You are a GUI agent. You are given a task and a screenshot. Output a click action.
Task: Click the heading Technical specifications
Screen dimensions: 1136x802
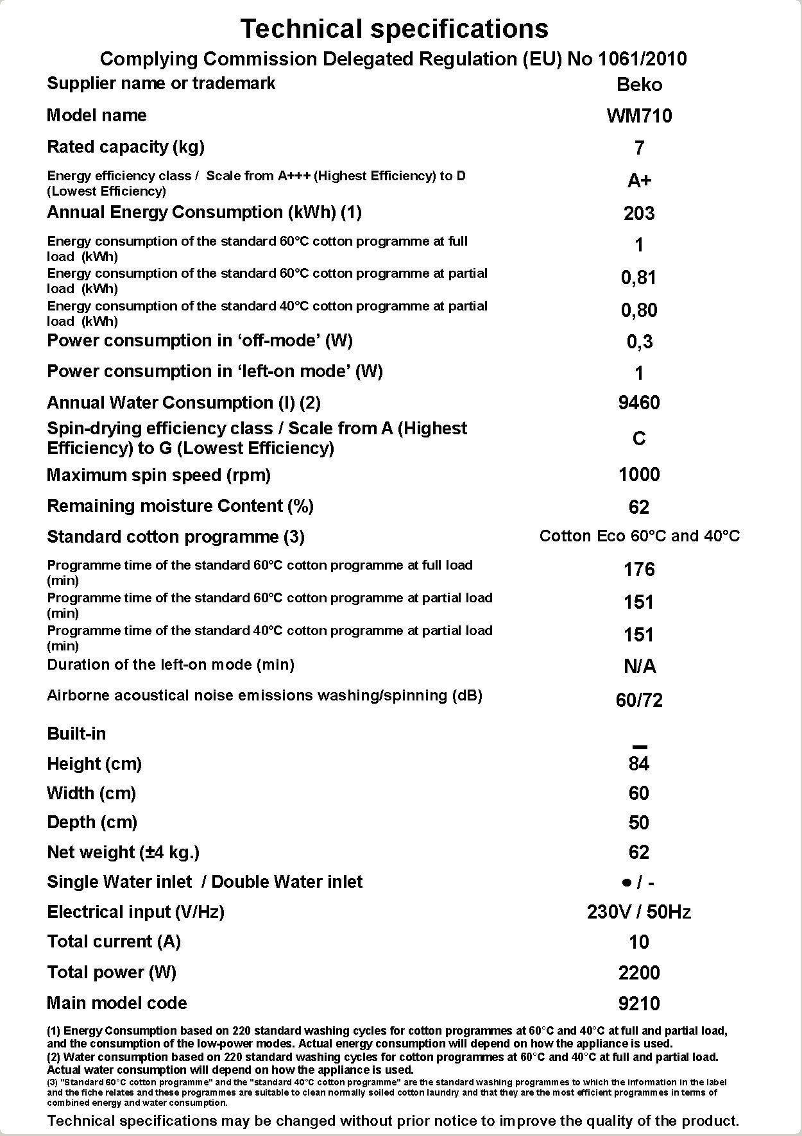(394, 29)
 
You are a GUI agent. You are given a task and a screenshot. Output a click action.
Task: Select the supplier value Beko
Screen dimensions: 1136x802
(639, 85)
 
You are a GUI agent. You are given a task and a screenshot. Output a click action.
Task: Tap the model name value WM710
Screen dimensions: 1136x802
(639, 116)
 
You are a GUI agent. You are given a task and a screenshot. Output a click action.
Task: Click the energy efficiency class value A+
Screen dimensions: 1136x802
(639, 181)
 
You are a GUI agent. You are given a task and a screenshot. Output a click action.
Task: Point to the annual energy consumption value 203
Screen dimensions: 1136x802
(639, 213)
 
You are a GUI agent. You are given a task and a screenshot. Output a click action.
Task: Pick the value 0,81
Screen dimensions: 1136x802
(639, 278)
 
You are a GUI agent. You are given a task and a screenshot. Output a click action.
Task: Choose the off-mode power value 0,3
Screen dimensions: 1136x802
(639, 342)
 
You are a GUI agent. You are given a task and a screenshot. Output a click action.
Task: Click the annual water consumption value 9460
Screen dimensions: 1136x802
(639, 403)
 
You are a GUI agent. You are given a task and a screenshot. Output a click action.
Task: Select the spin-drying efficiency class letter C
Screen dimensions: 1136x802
(639, 439)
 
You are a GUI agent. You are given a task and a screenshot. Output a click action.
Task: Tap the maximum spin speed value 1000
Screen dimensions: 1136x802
(639, 475)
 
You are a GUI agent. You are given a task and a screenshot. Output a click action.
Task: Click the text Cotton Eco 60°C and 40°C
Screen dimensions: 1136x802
(639, 536)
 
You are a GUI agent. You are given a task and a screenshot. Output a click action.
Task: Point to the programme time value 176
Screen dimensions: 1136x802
(639, 570)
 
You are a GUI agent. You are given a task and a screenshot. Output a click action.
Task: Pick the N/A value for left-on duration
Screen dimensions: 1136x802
(639, 666)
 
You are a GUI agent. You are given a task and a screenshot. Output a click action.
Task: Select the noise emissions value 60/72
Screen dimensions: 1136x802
(639, 700)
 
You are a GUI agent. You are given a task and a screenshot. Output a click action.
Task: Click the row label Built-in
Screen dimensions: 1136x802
(76, 734)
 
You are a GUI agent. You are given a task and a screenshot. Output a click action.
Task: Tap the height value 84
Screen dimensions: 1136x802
(639, 764)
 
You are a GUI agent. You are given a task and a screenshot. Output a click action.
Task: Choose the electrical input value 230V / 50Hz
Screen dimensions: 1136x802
(639, 912)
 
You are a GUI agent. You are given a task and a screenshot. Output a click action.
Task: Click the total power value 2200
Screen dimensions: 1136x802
(639, 973)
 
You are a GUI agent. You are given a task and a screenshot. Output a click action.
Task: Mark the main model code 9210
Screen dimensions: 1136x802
(639, 1004)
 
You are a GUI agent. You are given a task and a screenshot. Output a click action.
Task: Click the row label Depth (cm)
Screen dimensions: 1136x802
(92, 822)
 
